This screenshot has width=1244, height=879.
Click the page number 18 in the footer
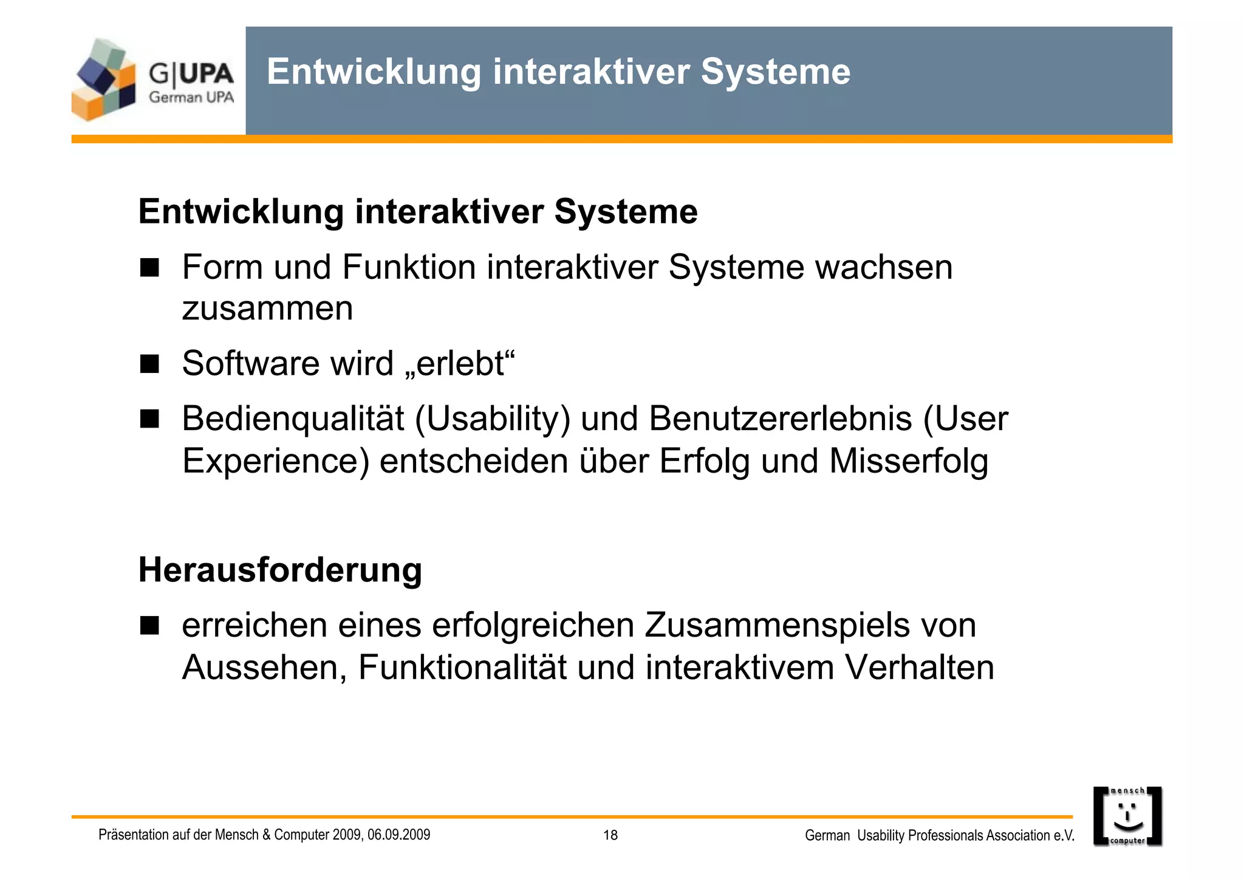[610, 835]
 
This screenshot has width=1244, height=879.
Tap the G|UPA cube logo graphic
[103, 80]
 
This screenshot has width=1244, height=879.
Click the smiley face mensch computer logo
[1127, 816]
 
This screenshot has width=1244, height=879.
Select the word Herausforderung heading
[280, 570]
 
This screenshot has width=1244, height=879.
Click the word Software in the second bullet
[250, 363]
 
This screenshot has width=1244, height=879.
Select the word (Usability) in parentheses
[493, 420]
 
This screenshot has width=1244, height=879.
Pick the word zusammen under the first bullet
[267, 309]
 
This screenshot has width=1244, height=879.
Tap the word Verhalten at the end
[919, 668]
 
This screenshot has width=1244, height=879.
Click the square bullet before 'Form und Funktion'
[149, 267]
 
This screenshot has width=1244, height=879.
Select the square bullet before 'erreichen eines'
[149, 625]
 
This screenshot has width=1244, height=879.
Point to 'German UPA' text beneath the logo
[191, 97]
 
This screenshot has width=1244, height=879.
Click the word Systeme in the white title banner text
[776, 72]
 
